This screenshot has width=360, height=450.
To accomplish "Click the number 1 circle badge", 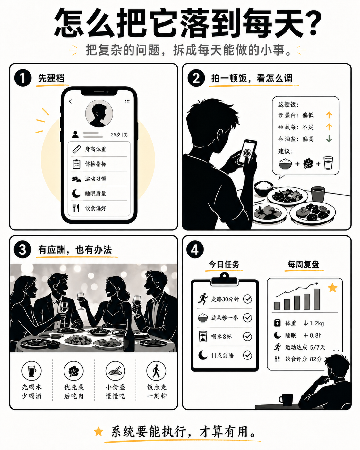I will coord(23,78).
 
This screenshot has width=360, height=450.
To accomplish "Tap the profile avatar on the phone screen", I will coord(99,114).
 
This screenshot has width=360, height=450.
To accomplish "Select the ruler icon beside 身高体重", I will coord(76,149).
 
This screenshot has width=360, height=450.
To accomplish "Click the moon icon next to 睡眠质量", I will coord(76,194).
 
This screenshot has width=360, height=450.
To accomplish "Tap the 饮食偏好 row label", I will coord(95,208).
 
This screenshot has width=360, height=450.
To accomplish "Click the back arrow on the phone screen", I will coord(70,101).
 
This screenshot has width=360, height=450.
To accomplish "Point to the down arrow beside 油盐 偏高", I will coord(329,139).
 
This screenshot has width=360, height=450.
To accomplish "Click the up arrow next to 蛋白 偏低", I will coord(329,115).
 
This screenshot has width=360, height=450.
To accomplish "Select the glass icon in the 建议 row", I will coord(328,163).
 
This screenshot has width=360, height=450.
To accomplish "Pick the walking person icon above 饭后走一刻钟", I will coord(156,371).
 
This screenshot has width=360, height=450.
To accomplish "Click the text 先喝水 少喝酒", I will coord(31,392).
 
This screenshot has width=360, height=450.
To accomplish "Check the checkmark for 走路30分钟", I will coord(247,299).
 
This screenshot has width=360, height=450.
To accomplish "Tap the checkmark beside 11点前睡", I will coord(247,355).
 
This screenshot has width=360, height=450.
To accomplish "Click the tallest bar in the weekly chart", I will coord(317,299).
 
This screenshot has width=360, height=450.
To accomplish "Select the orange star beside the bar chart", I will coord(332,288).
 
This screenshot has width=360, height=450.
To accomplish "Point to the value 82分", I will coord(316,359).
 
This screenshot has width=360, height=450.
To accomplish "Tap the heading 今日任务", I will coord(224,264).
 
